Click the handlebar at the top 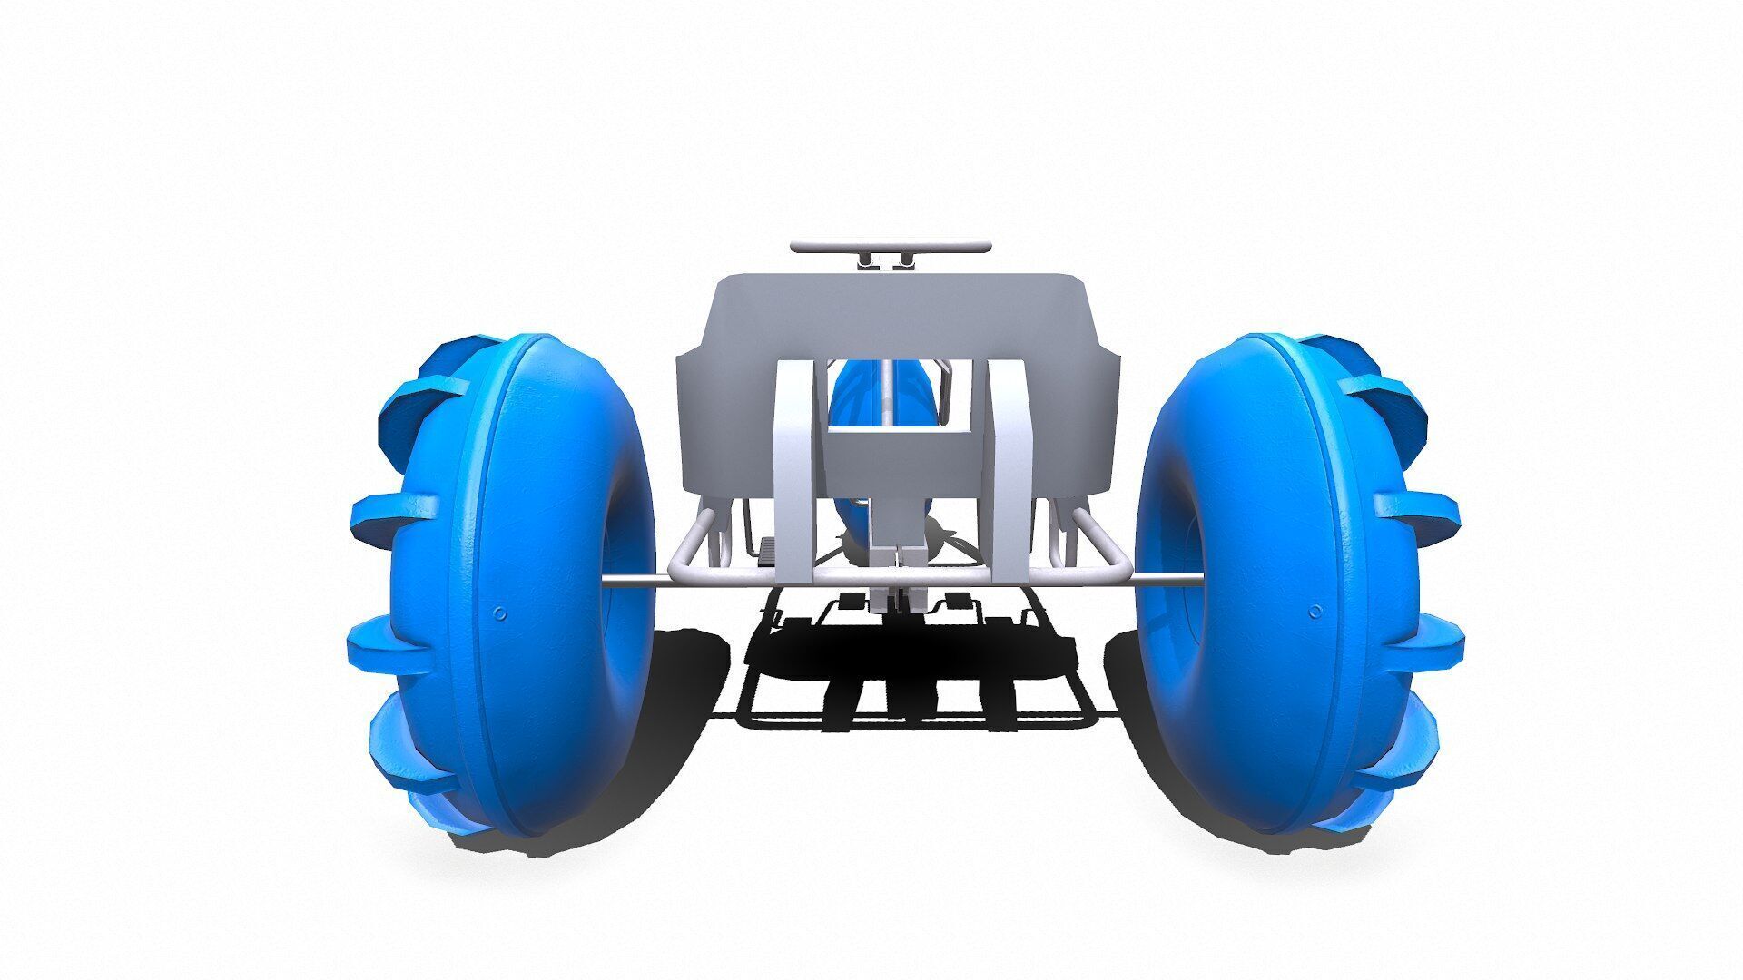890,246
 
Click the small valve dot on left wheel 498,613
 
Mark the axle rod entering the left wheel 626,582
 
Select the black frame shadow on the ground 908,681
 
